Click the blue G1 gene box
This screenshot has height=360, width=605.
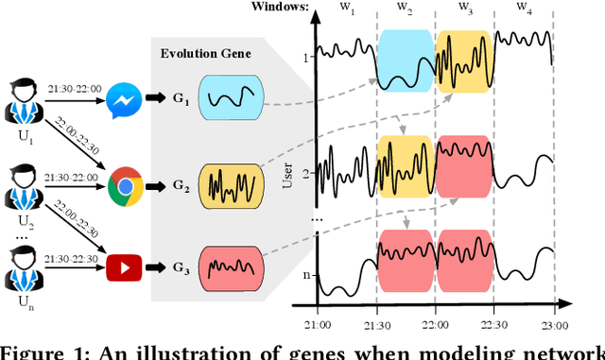pos(226,99)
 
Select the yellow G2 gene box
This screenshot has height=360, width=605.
pos(226,180)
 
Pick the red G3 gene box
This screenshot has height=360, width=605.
pos(226,259)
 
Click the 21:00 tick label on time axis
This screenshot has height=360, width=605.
pos(316,324)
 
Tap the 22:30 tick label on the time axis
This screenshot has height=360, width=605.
pos(494,324)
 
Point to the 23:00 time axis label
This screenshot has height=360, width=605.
pos(554,324)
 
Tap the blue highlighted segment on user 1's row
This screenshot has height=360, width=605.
pos(405,59)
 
